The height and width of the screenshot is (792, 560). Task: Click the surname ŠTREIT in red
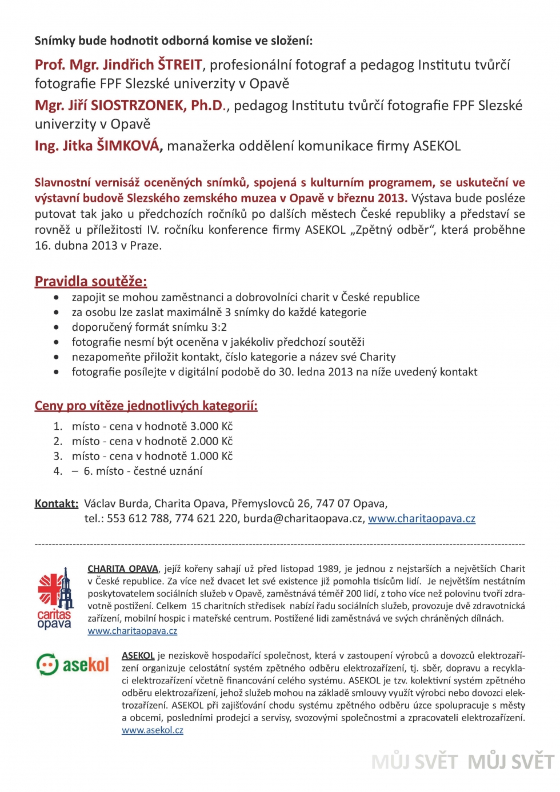pyautogui.click(x=180, y=65)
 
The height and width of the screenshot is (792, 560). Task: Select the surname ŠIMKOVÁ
pyautogui.click(x=128, y=146)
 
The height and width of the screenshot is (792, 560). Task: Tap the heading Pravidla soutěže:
pyautogui.click(x=91, y=281)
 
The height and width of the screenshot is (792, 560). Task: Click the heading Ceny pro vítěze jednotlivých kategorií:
pyautogui.click(x=146, y=406)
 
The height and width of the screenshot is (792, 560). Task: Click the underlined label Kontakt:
pyautogui.click(x=56, y=503)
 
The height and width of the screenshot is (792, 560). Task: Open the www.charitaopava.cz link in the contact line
pyautogui.click(x=422, y=518)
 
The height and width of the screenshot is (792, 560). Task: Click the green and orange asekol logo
pyautogui.click(x=73, y=665)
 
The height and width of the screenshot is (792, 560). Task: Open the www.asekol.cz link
pyautogui.click(x=153, y=730)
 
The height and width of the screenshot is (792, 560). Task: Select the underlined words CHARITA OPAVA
pyautogui.click(x=123, y=569)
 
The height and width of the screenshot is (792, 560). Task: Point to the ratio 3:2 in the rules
pyautogui.click(x=219, y=327)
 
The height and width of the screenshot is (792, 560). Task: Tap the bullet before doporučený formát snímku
pyautogui.click(x=56, y=327)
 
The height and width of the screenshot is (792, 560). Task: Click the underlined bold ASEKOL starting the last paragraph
pyautogui.click(x=138, y=655)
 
